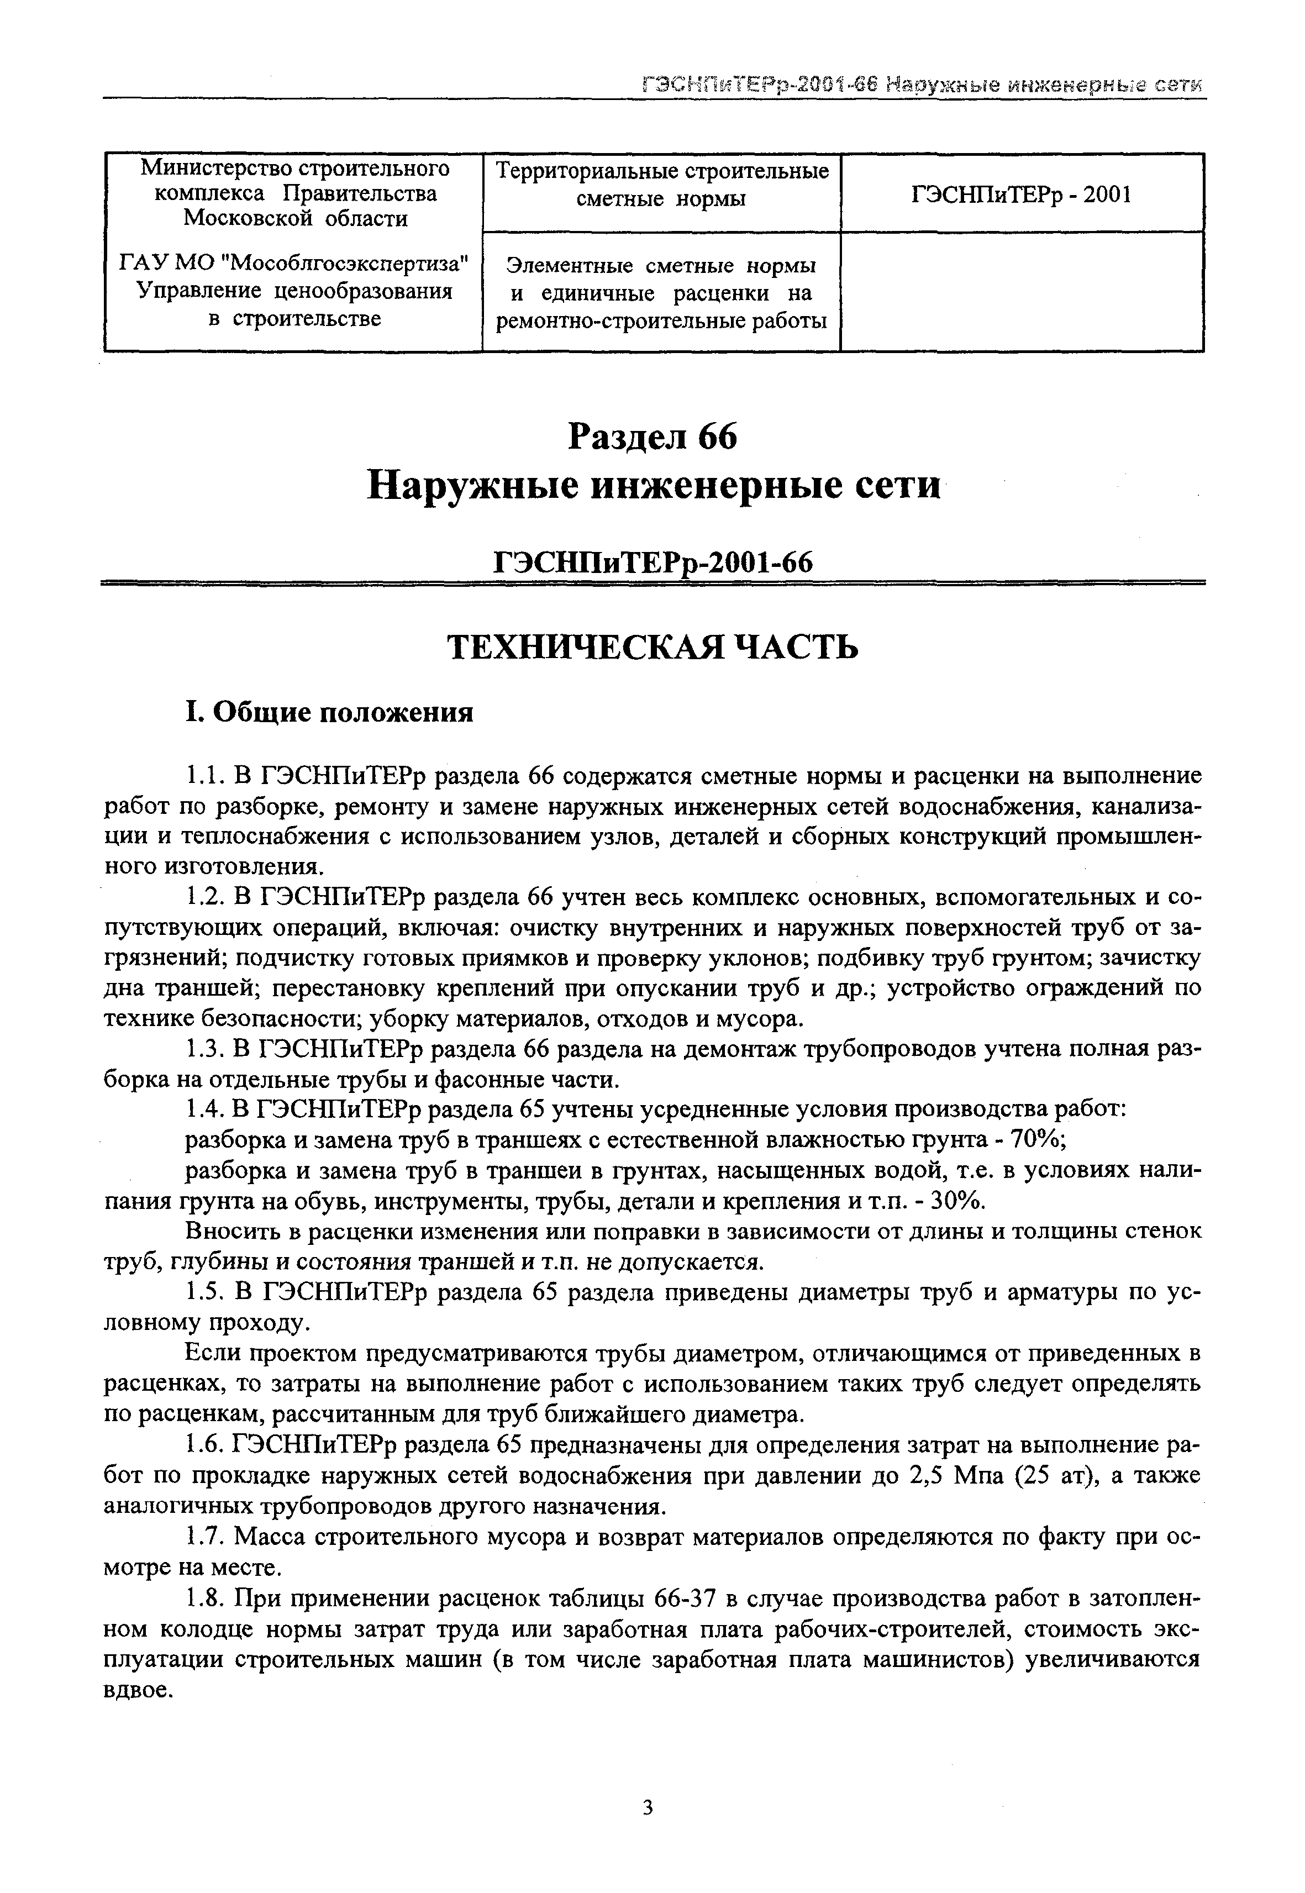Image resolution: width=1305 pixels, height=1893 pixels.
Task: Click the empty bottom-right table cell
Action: point(1021,292)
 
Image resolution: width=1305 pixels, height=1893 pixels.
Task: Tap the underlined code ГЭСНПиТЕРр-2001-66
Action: point(652,562)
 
